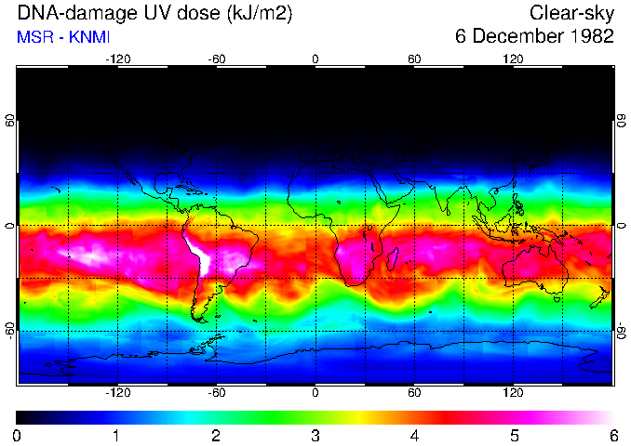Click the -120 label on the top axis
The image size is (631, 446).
pos(117,59)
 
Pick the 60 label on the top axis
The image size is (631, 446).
pos(414,59)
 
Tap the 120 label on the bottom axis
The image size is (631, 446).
pos(513,393)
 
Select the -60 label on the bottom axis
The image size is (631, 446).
pos(217,393)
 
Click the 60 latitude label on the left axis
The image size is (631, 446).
pos(10,122)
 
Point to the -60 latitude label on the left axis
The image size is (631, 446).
pos(10,330)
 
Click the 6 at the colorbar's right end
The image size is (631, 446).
pos(613,435)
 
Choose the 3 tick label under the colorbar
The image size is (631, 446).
pos(315,435)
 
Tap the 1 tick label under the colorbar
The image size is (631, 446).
pos(115,435)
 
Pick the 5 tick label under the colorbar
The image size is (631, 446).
pos(514,435)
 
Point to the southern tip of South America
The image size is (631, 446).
pos(199,319)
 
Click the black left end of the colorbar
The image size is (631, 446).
pos(22,417)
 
